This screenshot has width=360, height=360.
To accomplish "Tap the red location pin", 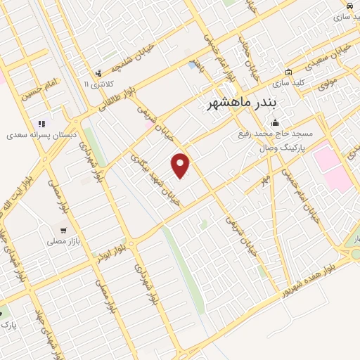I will [181, 165].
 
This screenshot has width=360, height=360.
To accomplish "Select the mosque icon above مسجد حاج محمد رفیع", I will [275, 124].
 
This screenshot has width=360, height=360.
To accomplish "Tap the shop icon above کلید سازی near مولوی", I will [288, 72].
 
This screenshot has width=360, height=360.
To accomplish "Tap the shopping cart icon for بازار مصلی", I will [63, 230].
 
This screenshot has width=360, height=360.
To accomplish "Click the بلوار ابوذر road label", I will [112, 251].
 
